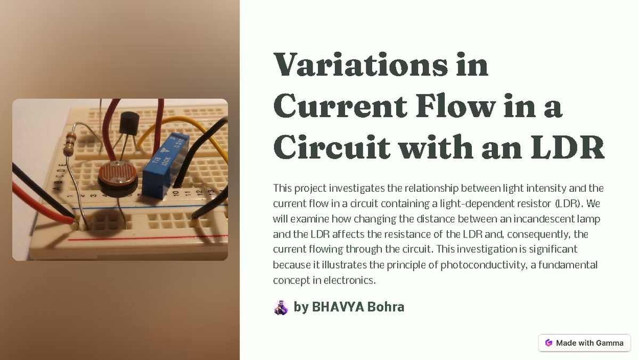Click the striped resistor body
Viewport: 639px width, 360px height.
69,144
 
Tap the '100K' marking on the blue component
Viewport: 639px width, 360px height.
166,160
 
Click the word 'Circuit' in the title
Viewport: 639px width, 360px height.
330,148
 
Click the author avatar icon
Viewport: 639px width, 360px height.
281,307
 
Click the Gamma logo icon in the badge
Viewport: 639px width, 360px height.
548,343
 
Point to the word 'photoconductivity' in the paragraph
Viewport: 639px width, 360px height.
484,265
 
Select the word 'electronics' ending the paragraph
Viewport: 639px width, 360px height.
352,280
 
